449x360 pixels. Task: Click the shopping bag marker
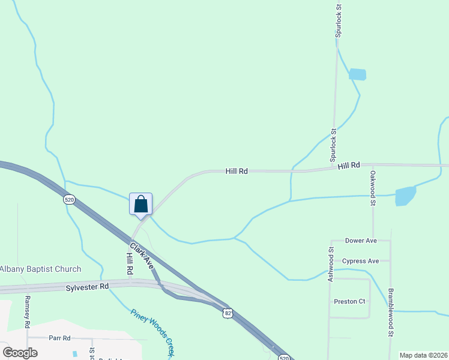pyautogui.click(x=140, y=204)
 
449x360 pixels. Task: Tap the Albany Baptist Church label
pyautogui.click(x=40, y=269)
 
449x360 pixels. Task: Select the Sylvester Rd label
pyautogui.click(x=87, y=287)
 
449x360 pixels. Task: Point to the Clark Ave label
pyautogui.click(x=141, y=255)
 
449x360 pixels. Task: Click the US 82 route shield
pyautogui.click(x=227, y=313)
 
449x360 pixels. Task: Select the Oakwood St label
pyautogui.click(x=373, y=188)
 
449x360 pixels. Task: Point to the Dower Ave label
pyautogui.click(x=361, y=241)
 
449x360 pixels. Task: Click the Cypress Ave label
pyautogui.click(x=360, y=261)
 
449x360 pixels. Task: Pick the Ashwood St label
pyautogui.click(x=330, y=265)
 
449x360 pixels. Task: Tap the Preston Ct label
pyautogui.click(x=349, y=301)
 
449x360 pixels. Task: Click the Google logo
pyautogui.click(x=20, y=353)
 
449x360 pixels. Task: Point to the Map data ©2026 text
pyautogui.click(x=423, y=355)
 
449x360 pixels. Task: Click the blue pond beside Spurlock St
pyautogui.click(x=357, y=74)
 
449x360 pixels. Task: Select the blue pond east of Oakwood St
pyautogui.click(x=406, y=196)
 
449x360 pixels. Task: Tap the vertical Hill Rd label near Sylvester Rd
pyautogui.click(x=129, y=264)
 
